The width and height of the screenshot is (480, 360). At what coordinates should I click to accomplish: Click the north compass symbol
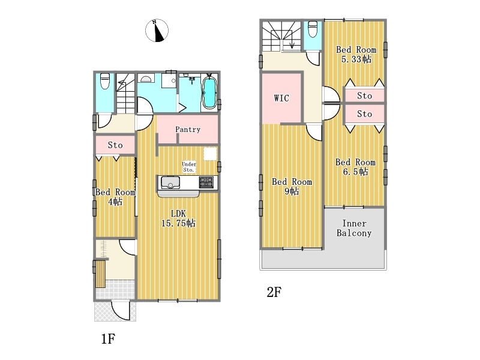point(157,31)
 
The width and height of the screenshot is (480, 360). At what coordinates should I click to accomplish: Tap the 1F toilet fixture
point(105,81)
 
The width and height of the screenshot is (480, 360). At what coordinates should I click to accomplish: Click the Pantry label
point(188,130)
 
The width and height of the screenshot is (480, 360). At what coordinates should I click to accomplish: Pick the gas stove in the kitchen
point(206,182)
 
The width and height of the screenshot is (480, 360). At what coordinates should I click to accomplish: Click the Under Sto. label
point(189,167)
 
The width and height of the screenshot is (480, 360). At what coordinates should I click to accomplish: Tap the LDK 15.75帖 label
point(178,218)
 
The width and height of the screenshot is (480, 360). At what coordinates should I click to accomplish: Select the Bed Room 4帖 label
point(115,197)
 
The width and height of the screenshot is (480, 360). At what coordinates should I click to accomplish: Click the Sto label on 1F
point(115,145)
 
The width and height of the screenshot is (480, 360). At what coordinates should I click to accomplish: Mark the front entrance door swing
point(121,310)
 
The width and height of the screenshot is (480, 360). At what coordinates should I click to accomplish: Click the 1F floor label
point(108,339)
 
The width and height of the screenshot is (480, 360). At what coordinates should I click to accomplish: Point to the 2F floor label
point(274,292)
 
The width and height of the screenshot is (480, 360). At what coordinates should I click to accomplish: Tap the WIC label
point(281,98)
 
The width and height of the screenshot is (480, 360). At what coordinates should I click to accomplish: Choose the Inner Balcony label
point(354,229)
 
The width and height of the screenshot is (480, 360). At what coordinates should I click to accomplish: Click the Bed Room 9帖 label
point(292,187)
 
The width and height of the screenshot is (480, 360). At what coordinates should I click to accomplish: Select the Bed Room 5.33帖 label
point(356,54)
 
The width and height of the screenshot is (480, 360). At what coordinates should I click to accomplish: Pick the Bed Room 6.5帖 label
point(355,167)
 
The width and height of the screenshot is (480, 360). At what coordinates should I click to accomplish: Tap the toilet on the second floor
point(313,29)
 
